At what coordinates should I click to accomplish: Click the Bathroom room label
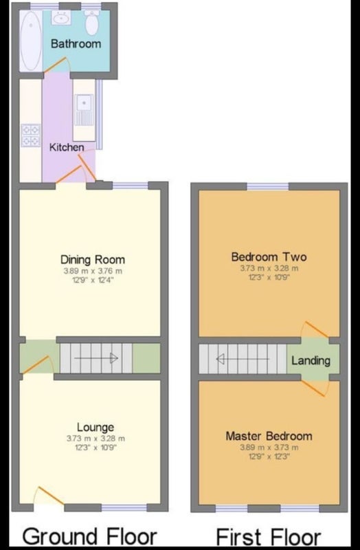point(76,44)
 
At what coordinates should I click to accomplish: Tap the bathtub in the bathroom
point(31,41)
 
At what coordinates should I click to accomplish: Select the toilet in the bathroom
point(92,23)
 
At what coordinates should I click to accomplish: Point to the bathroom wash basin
point(61,17)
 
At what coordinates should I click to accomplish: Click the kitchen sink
point(83,110)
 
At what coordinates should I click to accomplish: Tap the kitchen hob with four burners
point(31,135)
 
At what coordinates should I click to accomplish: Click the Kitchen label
point(67,147)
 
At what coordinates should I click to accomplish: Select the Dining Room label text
point(93,260)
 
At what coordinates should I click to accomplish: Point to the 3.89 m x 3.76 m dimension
point(93,271)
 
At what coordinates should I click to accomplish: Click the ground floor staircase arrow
point(96,358)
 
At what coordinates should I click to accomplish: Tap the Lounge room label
point(95,427)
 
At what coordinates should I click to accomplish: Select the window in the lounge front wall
point(124,507)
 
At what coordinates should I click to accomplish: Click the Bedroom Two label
point(269,256)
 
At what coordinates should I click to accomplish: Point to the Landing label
point(311,360)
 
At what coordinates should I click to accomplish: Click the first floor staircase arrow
point(243,359)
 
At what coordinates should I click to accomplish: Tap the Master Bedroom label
point(269,436)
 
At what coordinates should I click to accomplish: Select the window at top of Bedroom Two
point(268,186)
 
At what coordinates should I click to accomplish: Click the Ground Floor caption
point(90,536)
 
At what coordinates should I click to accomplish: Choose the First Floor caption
point(268,537)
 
